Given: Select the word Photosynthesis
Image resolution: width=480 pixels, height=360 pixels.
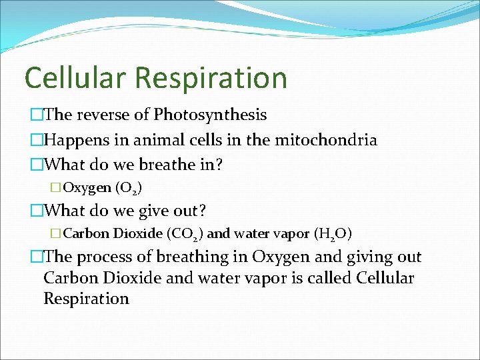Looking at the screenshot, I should pyautogui.click(x=210, y=115).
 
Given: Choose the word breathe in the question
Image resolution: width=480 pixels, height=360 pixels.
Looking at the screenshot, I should pyautogui.click(x=163, y=164).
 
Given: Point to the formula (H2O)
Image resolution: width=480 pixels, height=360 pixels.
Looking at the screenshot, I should pyautogui.click(x=333, y=234).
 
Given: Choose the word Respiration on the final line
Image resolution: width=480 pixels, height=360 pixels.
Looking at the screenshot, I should pyautogui.click(x=86, y=298).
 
